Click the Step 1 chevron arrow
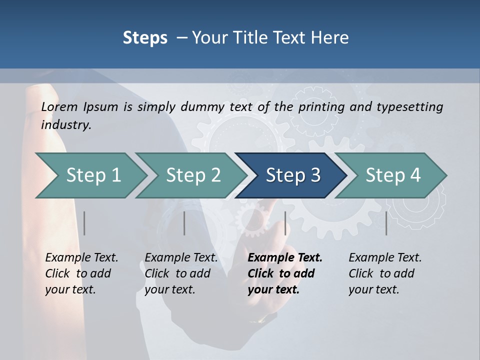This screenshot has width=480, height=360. click(90, 175)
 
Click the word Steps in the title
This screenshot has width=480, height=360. click(145, 37)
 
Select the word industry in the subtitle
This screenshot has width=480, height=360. click(66, 125)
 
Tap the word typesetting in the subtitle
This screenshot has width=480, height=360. click(409, 107)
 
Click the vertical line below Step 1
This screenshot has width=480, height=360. click(84, 223)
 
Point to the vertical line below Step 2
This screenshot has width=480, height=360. click(184, 223)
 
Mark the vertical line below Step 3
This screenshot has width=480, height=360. click(285, 223)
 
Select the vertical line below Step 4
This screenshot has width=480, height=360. click(386, 223)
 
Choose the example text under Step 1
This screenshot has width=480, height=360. click(81, 273)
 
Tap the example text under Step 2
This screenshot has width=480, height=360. click(181, 273)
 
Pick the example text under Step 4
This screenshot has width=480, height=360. click(385, 273)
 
